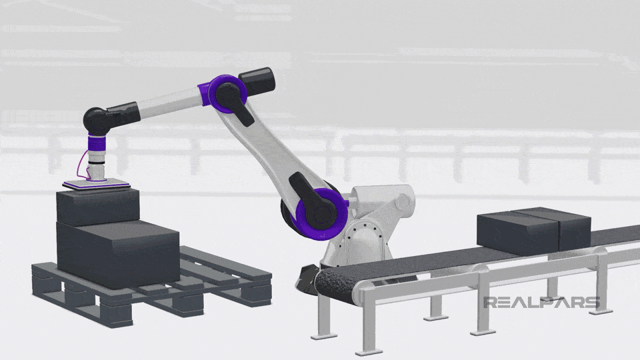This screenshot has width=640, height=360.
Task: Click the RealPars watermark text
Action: tap(541, 303)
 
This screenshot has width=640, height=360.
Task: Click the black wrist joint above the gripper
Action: tap(99, 121)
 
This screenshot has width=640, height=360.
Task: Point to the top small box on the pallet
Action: tap(97, 207)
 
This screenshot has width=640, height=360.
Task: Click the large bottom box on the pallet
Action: tap(117, 253)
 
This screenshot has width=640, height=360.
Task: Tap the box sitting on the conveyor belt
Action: tap(532, 230)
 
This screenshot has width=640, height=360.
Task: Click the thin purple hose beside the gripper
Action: tap(81, 167)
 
